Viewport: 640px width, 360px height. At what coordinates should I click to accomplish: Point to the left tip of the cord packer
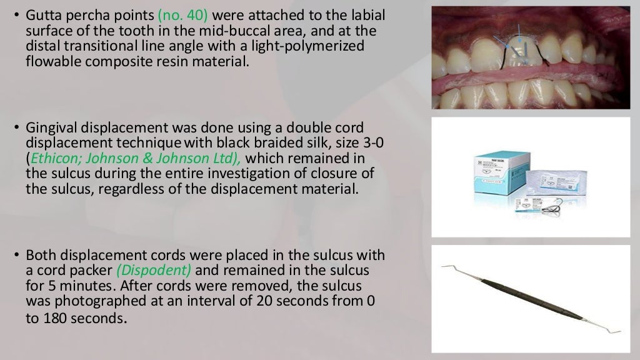coord(442,267)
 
